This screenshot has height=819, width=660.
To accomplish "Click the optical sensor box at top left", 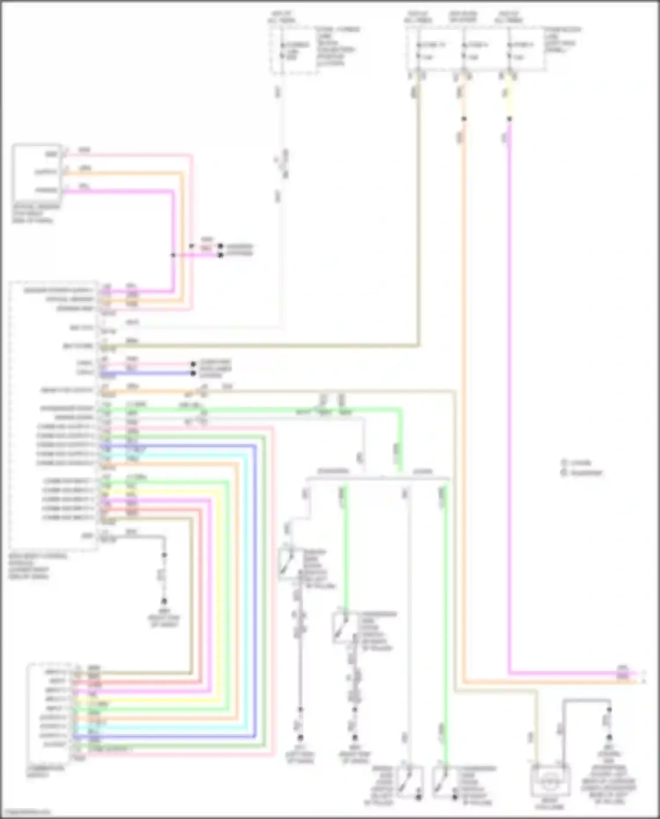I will pos(37,172).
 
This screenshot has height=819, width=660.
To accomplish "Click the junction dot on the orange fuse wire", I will pos(463,119).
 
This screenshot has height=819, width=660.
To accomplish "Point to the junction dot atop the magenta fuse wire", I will pos(509,119).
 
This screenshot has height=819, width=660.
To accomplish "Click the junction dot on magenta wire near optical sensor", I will pos(173,255).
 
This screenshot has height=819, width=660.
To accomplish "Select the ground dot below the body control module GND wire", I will pos(164,601).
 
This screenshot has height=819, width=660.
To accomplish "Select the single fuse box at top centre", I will pos(293,50).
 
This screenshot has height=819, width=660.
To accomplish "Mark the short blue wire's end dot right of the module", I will pos(193,373).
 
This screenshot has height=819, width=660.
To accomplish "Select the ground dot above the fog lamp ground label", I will pos(609,737).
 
